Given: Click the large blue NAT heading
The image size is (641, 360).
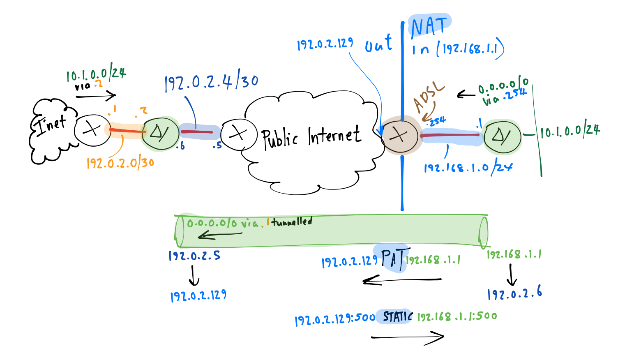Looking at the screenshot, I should (429, 27).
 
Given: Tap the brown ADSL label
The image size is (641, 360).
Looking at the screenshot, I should (428, 97).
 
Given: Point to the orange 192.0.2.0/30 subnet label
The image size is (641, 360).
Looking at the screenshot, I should (120, 163).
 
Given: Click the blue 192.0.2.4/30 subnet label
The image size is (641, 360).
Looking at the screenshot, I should (211, 83).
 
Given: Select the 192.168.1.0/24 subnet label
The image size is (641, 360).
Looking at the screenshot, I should (468, 168).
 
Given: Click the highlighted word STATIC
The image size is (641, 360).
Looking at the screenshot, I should (397, 316).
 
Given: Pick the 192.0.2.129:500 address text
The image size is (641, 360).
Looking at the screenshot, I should (335, 319).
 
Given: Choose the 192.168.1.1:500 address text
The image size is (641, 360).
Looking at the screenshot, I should (457, 316).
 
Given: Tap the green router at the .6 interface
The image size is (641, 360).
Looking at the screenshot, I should (160, 133).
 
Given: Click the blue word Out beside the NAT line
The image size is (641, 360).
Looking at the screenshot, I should (378, 44).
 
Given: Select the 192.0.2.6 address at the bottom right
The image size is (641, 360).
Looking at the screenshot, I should (514, 293).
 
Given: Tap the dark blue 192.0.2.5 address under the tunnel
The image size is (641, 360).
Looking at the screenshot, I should (194, 256).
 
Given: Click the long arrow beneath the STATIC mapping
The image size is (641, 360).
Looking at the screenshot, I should (407, 337).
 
